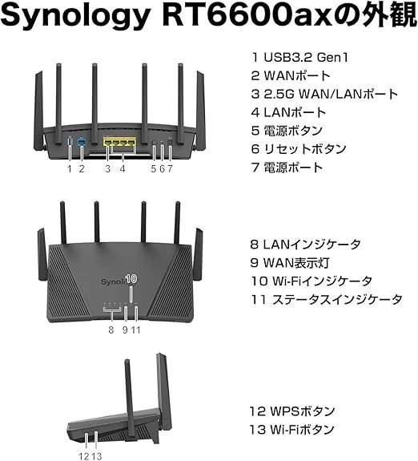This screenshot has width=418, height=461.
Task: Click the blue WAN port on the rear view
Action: coord(82,142)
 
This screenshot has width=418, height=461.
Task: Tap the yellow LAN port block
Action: coord(120,141)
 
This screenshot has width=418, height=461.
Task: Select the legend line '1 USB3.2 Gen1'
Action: coord(299,57)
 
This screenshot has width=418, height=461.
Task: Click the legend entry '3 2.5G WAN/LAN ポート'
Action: coord(324,94)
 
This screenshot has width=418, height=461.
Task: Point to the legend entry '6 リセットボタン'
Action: coord(299,149)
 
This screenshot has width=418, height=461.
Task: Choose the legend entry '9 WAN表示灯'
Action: coord(290,263)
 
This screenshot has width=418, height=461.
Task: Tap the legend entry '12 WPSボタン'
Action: coord(292,411)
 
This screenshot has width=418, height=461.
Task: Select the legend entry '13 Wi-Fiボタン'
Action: coord(292,430)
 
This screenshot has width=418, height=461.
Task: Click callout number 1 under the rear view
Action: coord(70,168)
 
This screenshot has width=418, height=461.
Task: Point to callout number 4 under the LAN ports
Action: coord(123,168)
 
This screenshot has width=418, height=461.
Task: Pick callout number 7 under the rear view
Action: coord(170,168)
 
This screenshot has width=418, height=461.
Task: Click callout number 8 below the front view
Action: coord(111,330)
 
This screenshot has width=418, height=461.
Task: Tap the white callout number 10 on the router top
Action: coord(131,279)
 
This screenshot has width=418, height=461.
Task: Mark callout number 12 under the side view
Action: coord(83,456)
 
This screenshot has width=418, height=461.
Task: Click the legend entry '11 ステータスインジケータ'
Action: coord(327,300)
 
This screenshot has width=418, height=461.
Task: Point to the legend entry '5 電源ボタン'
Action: coord(287,131)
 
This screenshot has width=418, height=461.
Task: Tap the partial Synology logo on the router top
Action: coord(114,282)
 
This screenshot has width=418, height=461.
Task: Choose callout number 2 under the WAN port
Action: coord(82,168)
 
